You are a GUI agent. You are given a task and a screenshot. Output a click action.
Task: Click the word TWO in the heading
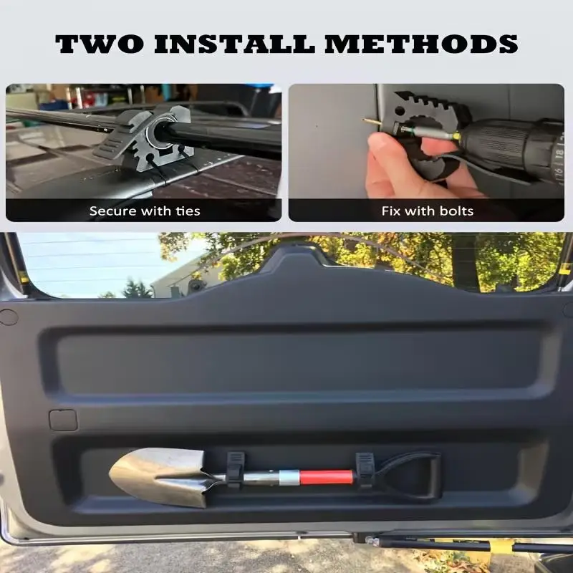click(100, 44)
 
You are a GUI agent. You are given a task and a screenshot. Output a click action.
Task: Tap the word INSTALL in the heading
click(234, 44)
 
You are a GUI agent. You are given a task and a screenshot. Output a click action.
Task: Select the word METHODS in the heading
click(421, 44)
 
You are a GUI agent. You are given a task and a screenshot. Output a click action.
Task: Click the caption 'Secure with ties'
click(145, 211)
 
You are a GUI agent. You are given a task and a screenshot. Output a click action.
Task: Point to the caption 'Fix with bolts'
click(428, 211)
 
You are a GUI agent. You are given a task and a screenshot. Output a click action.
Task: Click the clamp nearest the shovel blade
click(236, 470)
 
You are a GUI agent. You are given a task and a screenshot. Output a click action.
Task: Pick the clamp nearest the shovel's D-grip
click(365, 470)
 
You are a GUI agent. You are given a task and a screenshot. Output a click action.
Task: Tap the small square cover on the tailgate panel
click(63, 420)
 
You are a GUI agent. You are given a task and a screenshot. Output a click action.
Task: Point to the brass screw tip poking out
click(370, 121)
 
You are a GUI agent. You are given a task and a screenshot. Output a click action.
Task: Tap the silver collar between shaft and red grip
click(289, 477)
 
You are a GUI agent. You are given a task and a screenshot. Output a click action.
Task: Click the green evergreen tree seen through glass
click(137, 289)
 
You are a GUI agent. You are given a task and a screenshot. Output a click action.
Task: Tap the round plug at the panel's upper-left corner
click(8, 317)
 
